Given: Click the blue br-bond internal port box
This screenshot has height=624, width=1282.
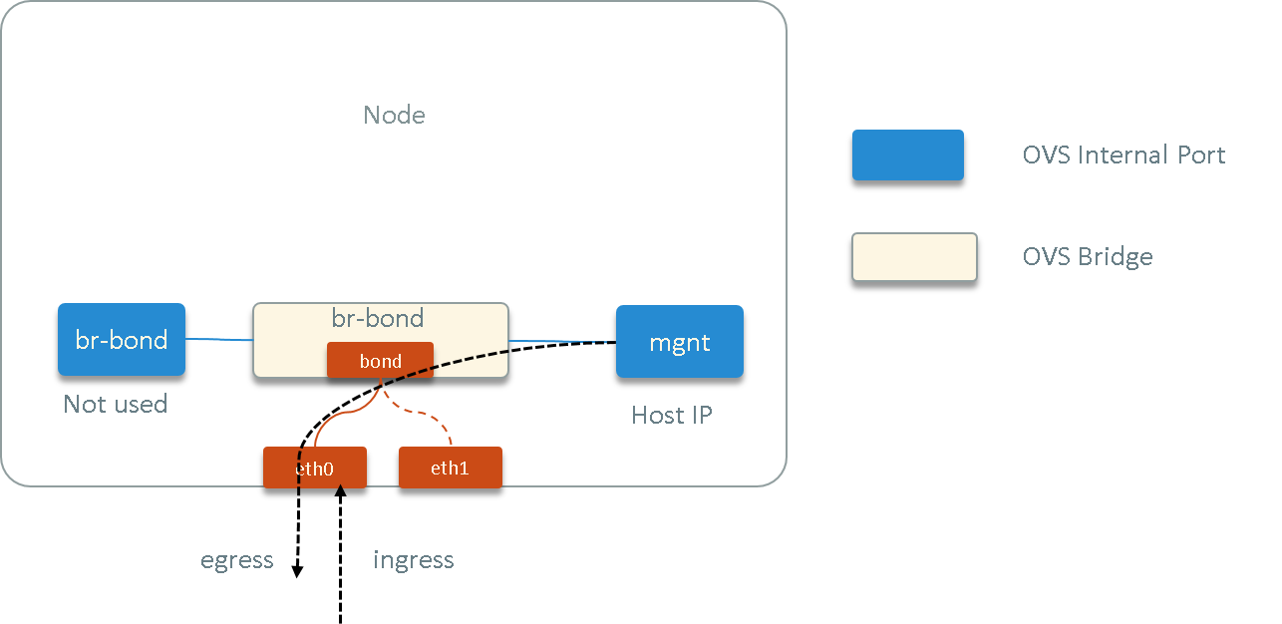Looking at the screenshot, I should (122, 340).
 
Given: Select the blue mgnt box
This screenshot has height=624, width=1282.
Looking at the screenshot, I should (679, 342).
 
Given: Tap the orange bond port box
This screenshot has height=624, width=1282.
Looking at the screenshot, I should (380, 361).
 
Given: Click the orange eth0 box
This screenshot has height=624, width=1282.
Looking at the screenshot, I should (315, 468).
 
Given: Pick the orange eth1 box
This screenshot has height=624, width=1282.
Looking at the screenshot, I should (450, 468).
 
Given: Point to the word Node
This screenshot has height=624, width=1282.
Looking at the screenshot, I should (394, 115).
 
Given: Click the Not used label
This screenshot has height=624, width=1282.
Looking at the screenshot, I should (115, 404).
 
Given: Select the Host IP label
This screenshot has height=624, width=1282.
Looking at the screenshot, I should (672, 415).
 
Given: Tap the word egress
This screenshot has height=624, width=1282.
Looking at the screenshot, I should (237, 560).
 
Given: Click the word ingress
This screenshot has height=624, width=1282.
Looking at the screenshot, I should (414, 560).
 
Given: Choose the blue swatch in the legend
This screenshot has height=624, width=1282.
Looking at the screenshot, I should (907, 155).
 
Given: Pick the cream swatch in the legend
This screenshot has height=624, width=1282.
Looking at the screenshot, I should (914, 257).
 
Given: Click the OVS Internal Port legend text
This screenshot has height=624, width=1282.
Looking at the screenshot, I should (1123, 156).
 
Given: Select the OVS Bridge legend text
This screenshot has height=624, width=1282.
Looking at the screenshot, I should (1088, 257).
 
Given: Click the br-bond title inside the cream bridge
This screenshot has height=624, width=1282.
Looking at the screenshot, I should (378, 318).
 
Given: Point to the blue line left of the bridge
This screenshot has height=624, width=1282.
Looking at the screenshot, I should (219, 340).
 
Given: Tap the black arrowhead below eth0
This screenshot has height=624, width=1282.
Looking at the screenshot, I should (340, 485).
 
